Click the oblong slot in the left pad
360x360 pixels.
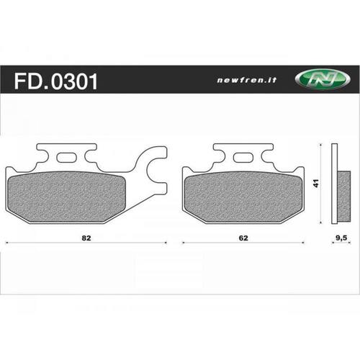[68, 158]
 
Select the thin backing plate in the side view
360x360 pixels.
[333, 184]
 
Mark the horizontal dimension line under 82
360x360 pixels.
[43, 243]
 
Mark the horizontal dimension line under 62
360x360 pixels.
[209, 243]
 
